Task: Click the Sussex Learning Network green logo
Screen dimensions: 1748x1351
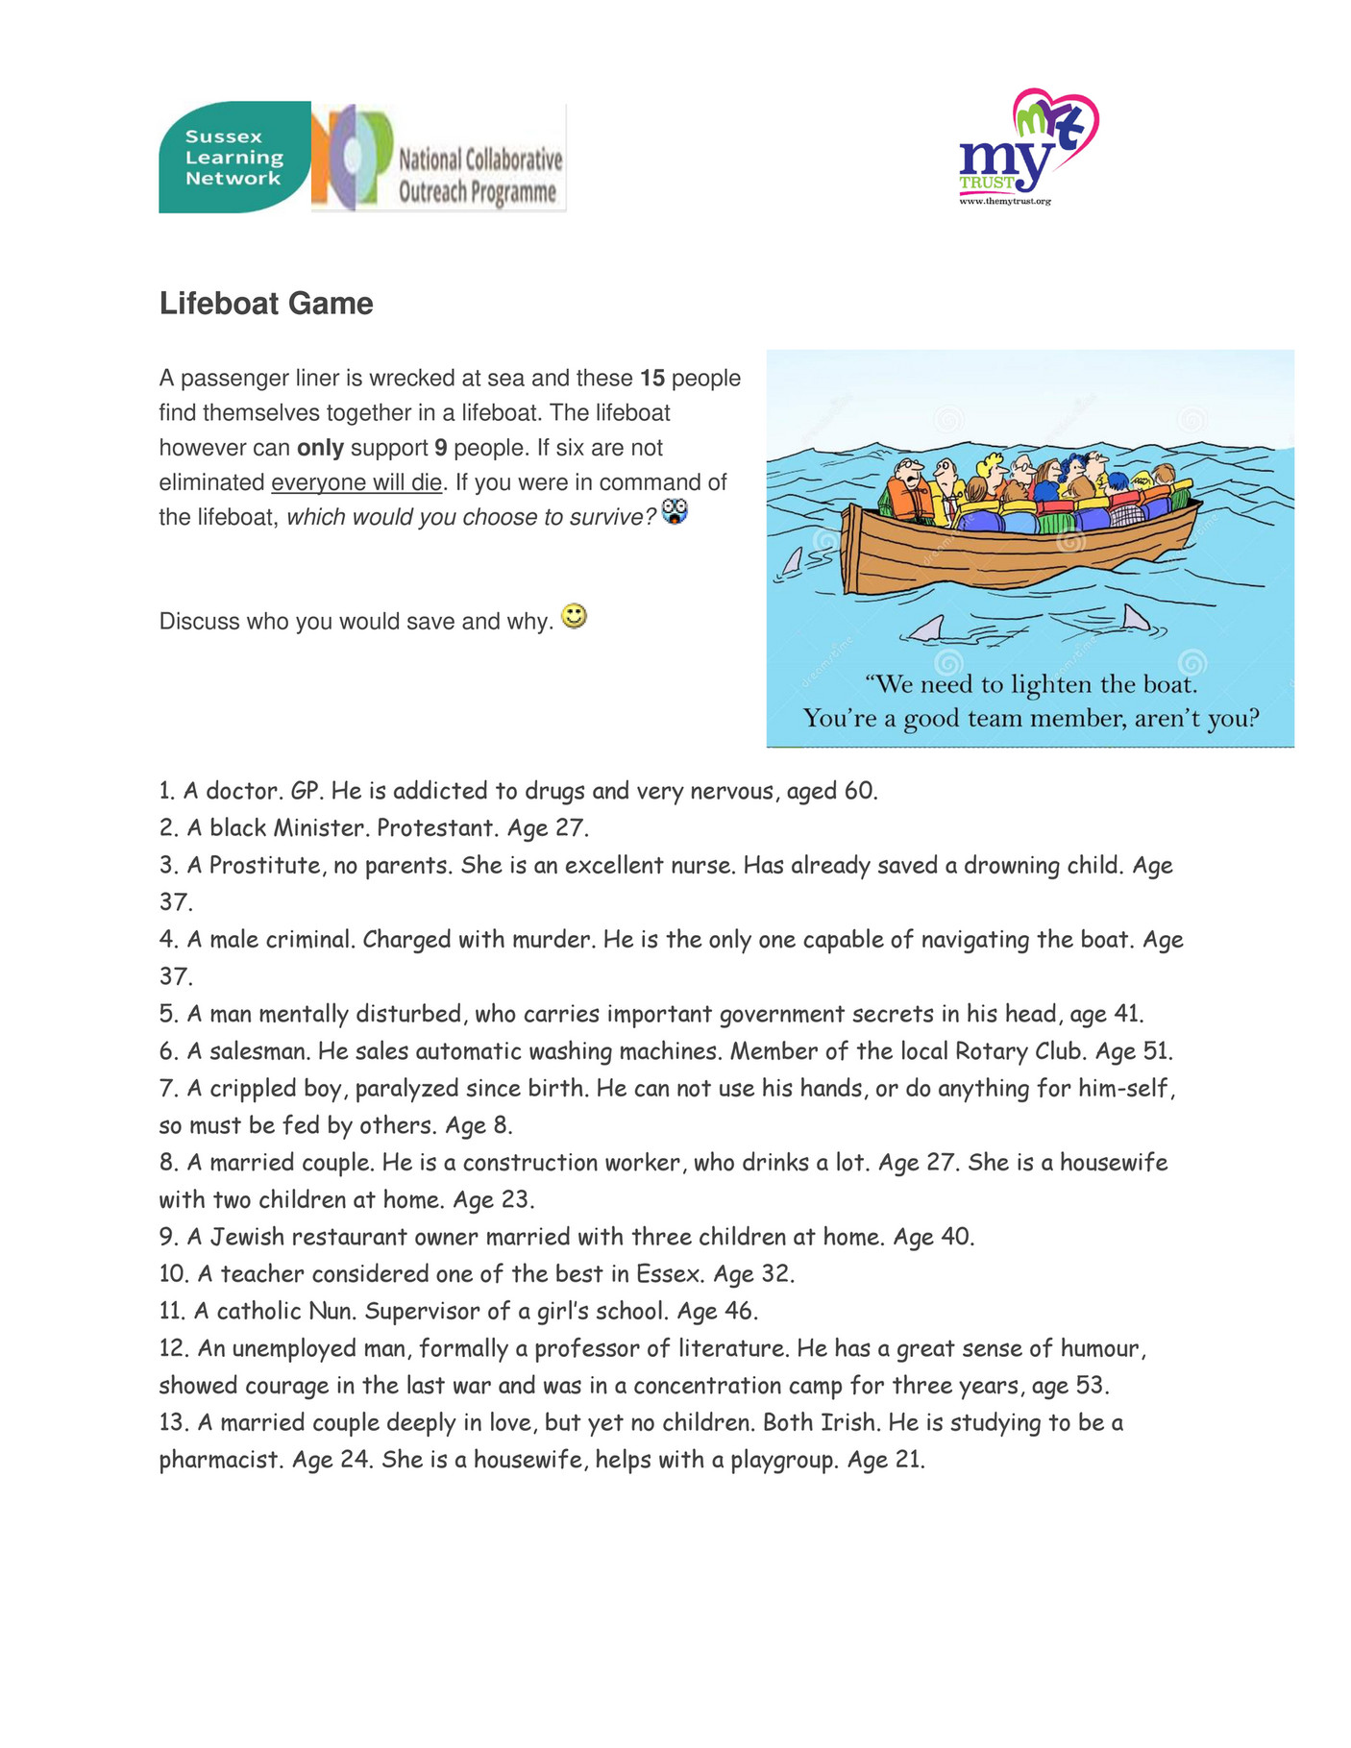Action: (233, 157)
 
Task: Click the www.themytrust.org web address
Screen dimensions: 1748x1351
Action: (1005, 201)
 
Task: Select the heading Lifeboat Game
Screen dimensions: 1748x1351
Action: (266, 304)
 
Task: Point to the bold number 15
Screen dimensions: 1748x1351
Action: (652, 379)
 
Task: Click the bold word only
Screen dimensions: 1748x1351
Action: (320, 448)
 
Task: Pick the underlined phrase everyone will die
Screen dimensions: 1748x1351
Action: (356, 482)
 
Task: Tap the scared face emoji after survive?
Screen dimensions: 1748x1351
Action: (675, 512)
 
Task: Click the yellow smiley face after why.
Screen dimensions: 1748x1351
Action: (574, 617)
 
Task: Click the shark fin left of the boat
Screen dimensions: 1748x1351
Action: (792, 561)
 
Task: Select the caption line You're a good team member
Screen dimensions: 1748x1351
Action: (1030, 719)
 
